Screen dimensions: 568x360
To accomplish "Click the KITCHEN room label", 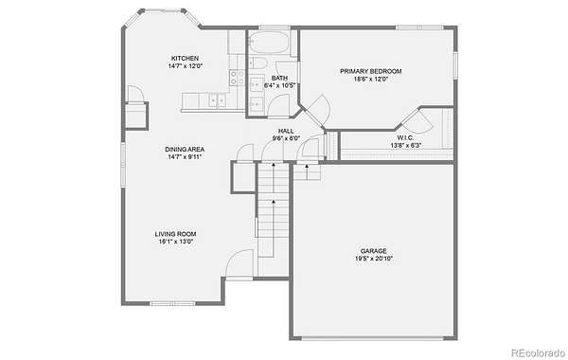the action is [185, 59].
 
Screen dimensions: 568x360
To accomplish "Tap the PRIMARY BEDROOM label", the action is [370, 71].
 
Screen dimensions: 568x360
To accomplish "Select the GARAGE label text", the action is [374, 251].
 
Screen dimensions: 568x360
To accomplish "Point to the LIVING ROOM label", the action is [175, 234].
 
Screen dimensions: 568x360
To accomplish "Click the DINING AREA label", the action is [185, 150].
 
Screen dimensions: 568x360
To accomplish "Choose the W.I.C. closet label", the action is [405, 137].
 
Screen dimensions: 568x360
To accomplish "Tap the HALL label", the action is [286, 131].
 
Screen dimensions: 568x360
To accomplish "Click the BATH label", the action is [279, 78].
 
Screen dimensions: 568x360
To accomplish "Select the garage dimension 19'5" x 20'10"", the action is [374, 259].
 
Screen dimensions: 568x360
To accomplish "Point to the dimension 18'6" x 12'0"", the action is [371, 79].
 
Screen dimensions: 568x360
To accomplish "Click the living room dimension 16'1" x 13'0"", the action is [176, 242].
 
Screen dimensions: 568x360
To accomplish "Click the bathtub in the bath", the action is [269, 43].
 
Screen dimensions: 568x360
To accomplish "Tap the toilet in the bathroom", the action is [257, 63].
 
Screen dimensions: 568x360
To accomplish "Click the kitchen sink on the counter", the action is [218, 99].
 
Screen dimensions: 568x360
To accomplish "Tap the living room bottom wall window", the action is [173, 303].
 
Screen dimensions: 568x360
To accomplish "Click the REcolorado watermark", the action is [539, 352].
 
